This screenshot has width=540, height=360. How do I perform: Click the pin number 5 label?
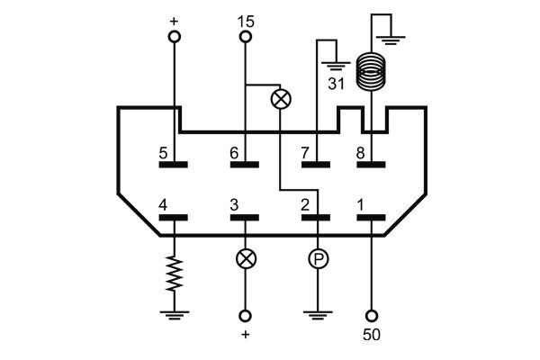[x=163, y=154]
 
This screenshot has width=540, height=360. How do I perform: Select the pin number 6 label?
[x=234, y=154]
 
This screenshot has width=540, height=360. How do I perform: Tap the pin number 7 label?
[x=306, y=154]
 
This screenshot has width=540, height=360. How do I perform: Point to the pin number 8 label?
[x=360, y=154]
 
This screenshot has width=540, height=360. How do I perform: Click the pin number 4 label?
[x=163, y=206]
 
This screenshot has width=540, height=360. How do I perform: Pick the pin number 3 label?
[x=234, y=206]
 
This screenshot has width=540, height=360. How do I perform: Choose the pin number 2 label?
[x=306, y=206]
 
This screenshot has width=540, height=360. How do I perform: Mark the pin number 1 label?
[x=360, y=206]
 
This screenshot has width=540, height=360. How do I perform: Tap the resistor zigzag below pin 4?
[x=173, y=274]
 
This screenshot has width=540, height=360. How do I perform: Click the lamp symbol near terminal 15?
[x=281, y=99]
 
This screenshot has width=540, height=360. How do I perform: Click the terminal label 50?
[x=371, y=338]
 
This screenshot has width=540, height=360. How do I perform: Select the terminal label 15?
[x=245, y=20]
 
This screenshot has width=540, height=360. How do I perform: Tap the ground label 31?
[x=336, y=84]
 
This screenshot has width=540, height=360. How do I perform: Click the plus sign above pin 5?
[x=173, y=19]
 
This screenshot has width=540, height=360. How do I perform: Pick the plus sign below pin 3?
[x=245, y=337]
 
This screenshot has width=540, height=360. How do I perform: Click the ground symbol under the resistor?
[x=173, y=315]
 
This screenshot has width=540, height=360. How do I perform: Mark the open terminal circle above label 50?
[x=371, y=317]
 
